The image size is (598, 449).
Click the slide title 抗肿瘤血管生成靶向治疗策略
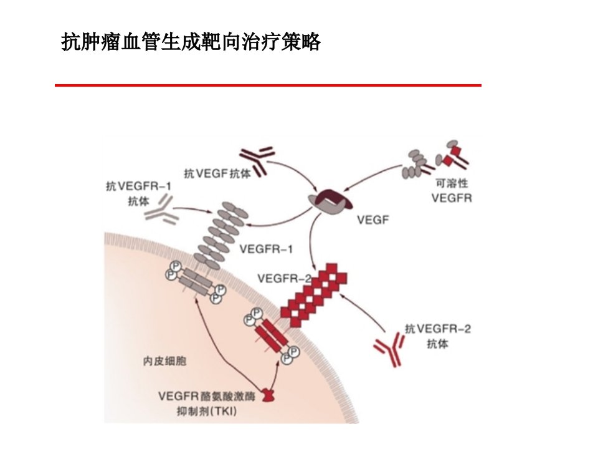[x=191, y=42]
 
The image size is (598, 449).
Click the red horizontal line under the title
[x=268, y=85]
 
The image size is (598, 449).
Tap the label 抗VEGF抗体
[x=217, y=174]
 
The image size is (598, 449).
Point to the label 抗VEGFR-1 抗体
[x=138, y=193]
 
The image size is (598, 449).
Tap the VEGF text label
[x=373, y=220]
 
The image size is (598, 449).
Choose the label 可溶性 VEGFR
[x=452, y=191]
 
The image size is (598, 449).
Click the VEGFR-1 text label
[x=266, y=249]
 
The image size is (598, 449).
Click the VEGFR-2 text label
[x=284, y=278]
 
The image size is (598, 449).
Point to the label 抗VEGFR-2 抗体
[x=437, y=336]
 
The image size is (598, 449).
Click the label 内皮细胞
[x=164, y=361]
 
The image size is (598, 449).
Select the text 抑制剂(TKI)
[x=207, y=411]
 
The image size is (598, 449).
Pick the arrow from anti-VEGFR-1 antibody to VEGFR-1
[x=193, y=209]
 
